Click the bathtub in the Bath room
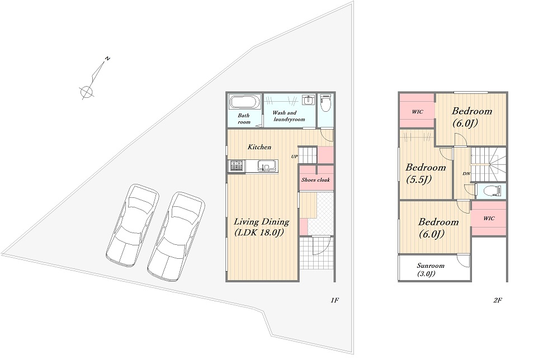click(x=245, y=102)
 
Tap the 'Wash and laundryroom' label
click(x=289, y=116)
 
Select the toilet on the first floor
click(x=325, y=102)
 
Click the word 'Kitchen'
click(x=259, y=147)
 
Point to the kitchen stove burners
click(x=237, y=165)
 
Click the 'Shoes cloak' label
click(x=315, y=180)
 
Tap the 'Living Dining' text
click(x=262, y=221)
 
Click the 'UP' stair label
click(x=295, y=157)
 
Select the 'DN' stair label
click(x=466, y=174)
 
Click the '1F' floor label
click(x=334, y=300)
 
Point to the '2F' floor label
click(x=498, y=300)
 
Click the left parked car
click(x=133, y=224)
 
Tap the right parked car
click(x=176, y=236)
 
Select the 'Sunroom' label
click(x=431, y=266)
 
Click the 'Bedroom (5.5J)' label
click(x=426, y=173)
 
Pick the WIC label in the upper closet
click(x=417, y=112)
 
